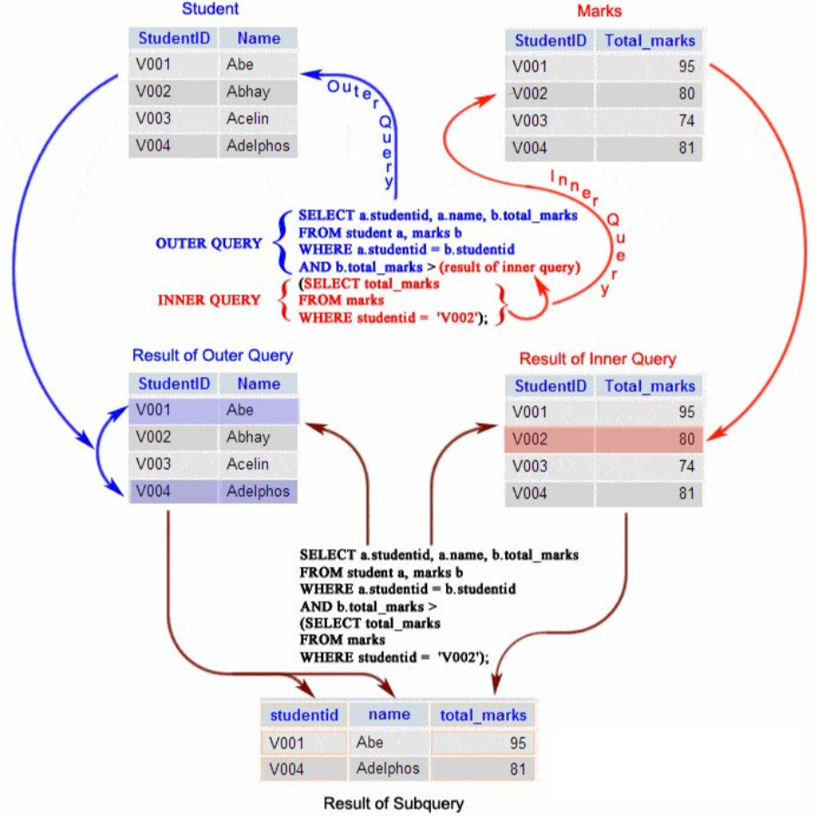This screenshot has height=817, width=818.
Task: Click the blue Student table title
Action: click(x=210, y=9)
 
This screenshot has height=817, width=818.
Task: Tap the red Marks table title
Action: click(x=600, y=11)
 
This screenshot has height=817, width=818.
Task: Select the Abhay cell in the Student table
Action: click(x=258, y=92)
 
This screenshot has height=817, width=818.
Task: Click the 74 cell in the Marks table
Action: click(x=649, y=121)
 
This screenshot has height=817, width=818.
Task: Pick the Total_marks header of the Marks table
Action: click(x=650, y=41)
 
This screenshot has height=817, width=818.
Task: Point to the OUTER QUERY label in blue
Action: click(x=209, y=244)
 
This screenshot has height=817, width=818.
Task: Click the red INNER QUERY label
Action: click(x=209, y=300)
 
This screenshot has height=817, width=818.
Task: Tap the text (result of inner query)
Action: click(x=510, y=267)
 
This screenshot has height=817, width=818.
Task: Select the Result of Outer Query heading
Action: click(x=213, y=355)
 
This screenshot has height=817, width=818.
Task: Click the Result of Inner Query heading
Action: click(x=598, y=359)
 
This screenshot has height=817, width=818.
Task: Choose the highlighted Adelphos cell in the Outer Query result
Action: click(x=258, y=492)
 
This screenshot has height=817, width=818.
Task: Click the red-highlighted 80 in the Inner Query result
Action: click(x=649, y=439)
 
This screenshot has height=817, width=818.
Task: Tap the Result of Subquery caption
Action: click(x=394, y=803)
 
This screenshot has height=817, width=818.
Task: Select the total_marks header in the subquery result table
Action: click(x=484, y=714)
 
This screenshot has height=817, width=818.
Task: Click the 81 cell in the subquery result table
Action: click(x=483, y=769)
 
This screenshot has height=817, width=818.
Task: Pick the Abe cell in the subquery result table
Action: click(x=389, y=742)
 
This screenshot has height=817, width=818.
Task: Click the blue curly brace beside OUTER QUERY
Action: click(x=283, y=243)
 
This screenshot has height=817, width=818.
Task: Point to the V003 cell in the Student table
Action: click(x=173, y=118)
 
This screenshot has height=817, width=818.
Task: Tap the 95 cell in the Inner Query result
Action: click(x=649, y=413)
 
